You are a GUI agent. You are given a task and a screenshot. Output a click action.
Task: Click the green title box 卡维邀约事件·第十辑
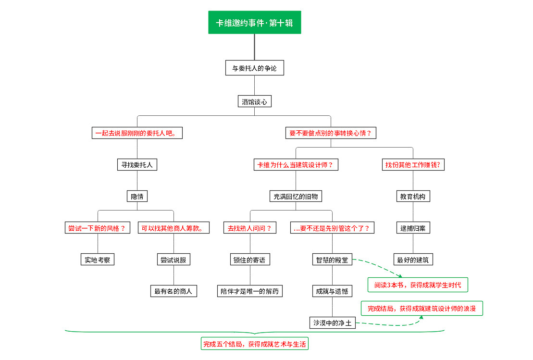[x=254, y=23]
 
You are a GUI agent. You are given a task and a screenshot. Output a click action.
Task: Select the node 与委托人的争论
[x=254, y=68]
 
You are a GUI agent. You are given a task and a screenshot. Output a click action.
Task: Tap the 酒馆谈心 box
[x=254, y=101]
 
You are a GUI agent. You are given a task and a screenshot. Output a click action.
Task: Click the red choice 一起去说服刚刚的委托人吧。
[x=138, y=133]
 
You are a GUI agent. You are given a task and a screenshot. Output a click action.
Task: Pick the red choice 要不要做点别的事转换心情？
[x=331, y=133]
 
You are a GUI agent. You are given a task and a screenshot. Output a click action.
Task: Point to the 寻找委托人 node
[x=137, y=165]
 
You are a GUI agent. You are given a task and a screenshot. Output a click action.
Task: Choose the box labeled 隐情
[x=137, y=196]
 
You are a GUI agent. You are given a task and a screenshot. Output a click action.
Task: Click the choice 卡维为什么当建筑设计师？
[x=296, y=165]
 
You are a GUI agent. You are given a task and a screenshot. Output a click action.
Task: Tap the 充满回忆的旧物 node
[x=296, y=196]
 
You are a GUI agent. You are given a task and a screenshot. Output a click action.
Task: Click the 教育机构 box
[x=413, y=196]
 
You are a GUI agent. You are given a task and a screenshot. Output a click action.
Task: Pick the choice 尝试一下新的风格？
[x=98, y=228]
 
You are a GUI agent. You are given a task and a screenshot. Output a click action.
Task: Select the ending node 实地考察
[x=98, y=260]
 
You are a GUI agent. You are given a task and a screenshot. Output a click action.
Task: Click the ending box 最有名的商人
[x=174, y=291]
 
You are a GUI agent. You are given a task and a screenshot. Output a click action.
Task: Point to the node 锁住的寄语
[x=250, y=260]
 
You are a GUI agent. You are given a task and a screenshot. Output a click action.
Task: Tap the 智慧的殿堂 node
[x=332, y=260]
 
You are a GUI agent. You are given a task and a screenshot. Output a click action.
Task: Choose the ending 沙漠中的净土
[x=332, y=323]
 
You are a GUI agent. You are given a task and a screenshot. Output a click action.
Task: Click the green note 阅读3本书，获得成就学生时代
[x=418, y=285]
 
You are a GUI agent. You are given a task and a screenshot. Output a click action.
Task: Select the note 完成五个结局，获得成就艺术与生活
[x=255, y=344]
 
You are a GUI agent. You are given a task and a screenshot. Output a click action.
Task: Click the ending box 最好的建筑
[x=413, y=260]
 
